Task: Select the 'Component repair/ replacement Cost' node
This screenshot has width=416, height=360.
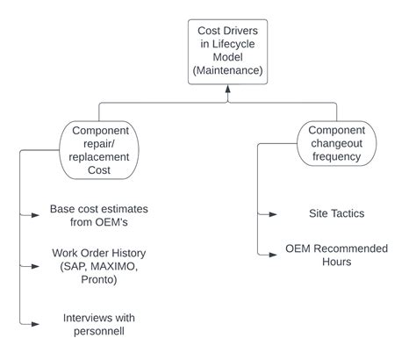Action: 97,149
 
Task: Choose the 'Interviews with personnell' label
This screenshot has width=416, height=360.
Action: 99,324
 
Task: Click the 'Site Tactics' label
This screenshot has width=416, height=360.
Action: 336,212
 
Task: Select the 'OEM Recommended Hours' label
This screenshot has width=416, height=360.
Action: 336,255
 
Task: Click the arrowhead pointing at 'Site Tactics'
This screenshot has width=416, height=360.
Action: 274,213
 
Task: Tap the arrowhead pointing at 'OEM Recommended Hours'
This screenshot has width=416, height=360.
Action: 274,255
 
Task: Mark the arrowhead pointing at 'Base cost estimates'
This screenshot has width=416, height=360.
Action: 37,213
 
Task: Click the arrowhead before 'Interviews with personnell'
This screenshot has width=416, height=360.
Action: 37,324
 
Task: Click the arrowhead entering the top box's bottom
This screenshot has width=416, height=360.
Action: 227,90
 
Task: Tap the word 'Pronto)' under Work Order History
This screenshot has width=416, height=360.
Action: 99,280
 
